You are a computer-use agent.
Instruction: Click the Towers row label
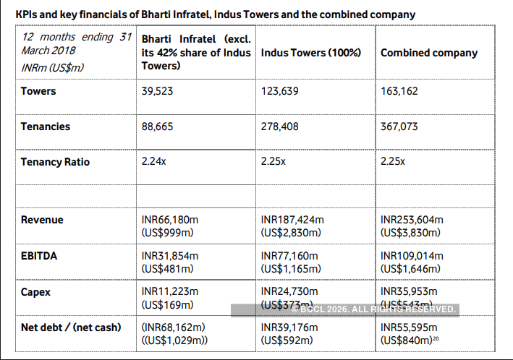point(38,92)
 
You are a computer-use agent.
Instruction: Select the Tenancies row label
point(46,127)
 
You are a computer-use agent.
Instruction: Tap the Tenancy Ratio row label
point(56,162)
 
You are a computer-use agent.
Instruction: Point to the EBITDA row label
point(39,255)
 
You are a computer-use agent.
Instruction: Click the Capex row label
point(37,291)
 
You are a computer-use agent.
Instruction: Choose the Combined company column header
point(429,53)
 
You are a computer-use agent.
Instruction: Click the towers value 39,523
point(158,92)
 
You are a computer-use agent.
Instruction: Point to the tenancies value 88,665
point(158,127)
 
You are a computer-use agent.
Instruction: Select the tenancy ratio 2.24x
point(153,162)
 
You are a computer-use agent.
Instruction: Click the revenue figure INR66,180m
point(170,220)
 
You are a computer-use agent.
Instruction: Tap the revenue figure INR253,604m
point(412,220)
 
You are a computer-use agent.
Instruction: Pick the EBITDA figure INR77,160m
point(289,255)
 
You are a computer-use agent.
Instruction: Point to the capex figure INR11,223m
point(170,291)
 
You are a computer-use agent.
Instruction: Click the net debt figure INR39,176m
point(289,327)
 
